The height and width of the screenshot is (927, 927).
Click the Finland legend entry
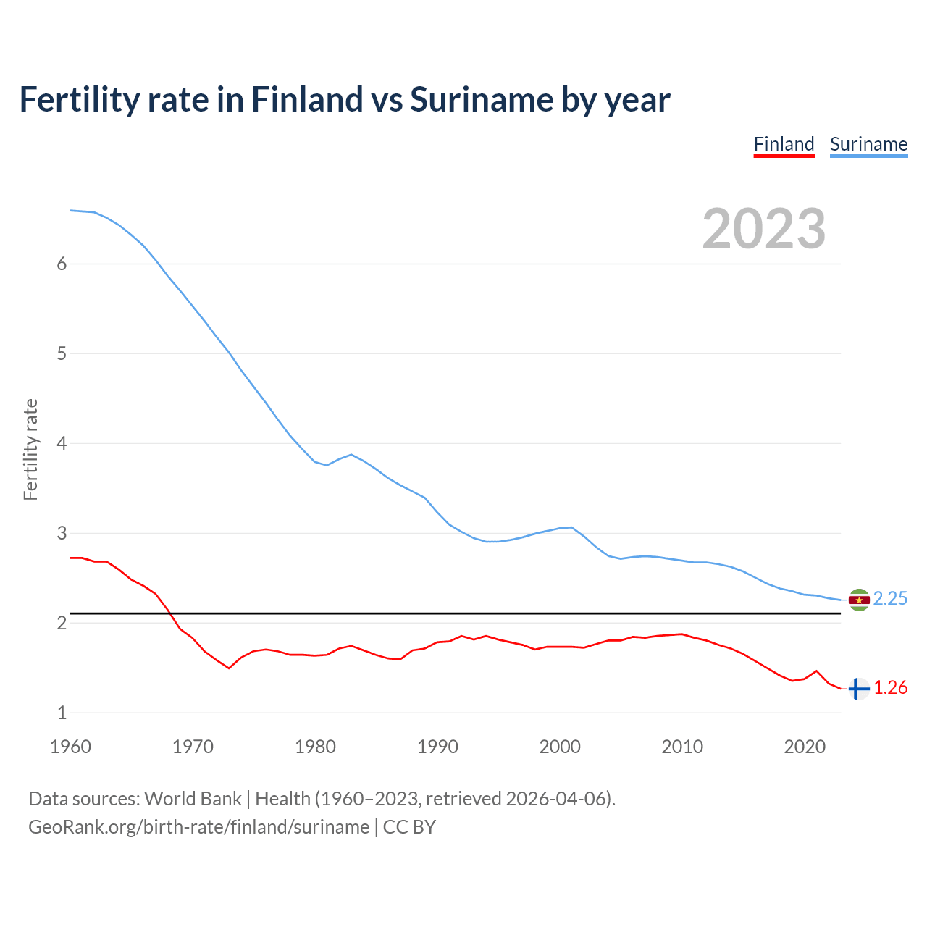[784, 144]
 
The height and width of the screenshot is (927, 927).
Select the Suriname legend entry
[868, 144]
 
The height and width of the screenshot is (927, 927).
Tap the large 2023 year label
[764, 229]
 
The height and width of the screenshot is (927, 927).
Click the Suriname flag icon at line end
[859, 600]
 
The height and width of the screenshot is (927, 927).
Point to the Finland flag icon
[858, 689]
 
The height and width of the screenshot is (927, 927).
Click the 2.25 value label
[890, 598]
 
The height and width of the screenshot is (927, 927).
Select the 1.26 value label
[890, 688]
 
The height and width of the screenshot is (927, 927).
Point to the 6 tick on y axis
[62, 264]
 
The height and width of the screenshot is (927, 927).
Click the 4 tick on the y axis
[62, 443]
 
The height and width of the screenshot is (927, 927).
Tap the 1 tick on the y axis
[62, 713]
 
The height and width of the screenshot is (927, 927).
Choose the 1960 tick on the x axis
[70, 747]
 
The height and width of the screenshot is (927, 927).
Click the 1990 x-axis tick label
[437, 747]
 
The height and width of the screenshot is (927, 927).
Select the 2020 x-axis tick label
[805, 747]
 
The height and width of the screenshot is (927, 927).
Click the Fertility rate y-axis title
[30, 449]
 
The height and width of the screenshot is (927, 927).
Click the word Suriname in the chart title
[479, 99]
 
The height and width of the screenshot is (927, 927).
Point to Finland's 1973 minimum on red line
[229, 668]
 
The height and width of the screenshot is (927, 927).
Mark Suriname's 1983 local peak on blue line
[351, 455]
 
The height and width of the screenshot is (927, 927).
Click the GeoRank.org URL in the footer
[198, 827]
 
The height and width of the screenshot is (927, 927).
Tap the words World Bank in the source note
[193, 799]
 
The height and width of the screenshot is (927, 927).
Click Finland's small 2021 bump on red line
[816, 671]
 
